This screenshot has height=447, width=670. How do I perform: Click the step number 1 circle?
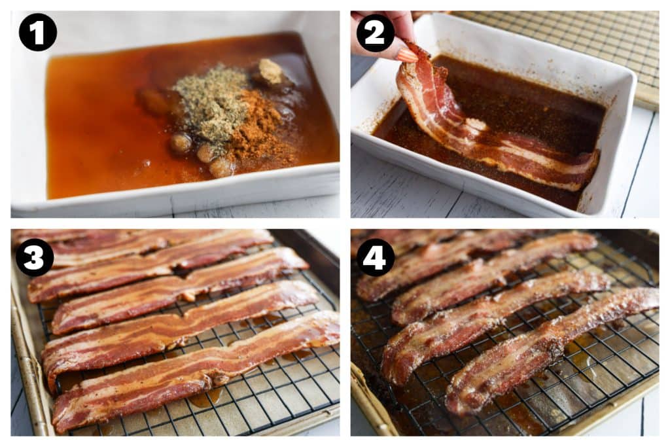coord(37,32)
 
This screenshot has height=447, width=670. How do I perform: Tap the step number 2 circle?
coord(375,33)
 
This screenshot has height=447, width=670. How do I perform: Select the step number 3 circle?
coord(35,257)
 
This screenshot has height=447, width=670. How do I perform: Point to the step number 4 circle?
coord(375,257)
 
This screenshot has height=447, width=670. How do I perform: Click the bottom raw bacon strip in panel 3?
coord(192,372)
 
